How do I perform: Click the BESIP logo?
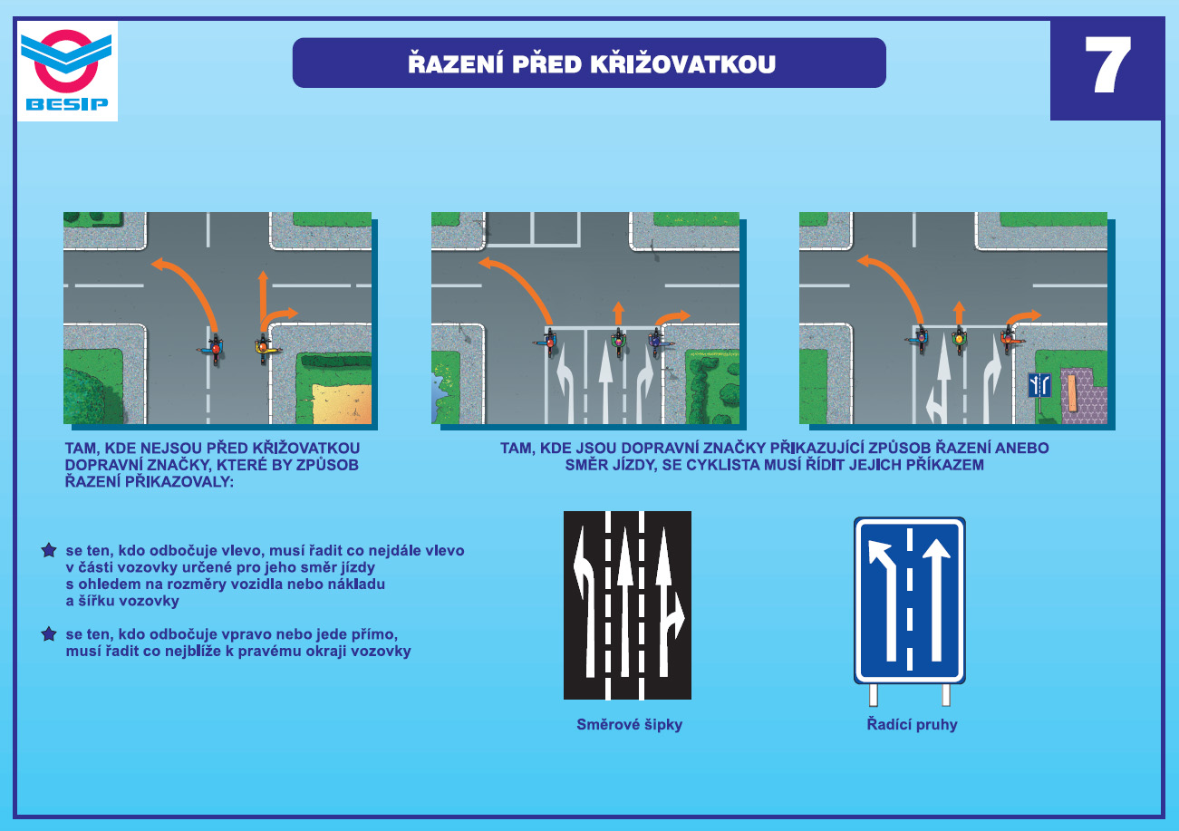click(67, 71)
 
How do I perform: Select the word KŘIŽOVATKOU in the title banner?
click(682, 63)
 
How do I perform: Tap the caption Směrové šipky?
click(629, 725)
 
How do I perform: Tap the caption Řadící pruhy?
click(912, 725)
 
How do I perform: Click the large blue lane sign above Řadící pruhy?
click(910, 600)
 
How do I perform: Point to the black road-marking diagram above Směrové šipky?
click(627, 605)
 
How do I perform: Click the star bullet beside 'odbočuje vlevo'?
click(49, 550)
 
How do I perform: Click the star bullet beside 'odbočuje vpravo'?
click(49, 633)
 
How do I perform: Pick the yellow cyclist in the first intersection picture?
click(263, 347)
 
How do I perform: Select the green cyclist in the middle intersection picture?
click(619, 341)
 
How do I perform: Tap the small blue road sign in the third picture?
click(1039, 385)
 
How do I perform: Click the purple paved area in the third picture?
click(1083, 396)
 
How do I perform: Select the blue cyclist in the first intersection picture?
click(214, 348)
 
